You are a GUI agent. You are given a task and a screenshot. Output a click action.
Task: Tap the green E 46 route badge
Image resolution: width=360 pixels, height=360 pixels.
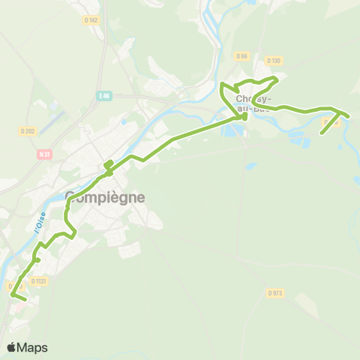coord(104,96)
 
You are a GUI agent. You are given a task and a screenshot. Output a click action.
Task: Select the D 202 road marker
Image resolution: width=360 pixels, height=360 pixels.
coord(28,131)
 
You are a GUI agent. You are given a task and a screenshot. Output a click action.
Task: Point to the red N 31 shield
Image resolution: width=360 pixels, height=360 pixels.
coord(43,154)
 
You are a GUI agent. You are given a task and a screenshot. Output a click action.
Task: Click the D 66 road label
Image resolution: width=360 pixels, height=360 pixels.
coord(241,56)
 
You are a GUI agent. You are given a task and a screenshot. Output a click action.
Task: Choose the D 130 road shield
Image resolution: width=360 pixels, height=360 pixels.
coord(273,61)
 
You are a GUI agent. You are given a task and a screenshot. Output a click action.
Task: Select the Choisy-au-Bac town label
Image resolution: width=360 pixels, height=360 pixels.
coord(254,103)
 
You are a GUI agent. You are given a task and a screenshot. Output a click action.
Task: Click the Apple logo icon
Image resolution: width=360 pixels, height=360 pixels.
coord(11,347)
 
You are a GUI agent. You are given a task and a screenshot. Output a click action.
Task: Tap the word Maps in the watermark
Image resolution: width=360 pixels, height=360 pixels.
coord(33,347)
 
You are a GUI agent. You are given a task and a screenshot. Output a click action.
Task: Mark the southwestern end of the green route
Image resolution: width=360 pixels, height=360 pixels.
coord(25,300)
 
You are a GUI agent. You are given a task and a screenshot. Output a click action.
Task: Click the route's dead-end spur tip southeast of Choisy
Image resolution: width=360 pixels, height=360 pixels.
coord(322,133)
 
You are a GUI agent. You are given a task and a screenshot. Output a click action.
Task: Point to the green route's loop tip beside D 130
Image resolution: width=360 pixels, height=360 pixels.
coord(277,79)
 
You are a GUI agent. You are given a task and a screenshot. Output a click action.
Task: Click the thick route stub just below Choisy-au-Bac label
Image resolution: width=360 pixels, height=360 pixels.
coord(244,117)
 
